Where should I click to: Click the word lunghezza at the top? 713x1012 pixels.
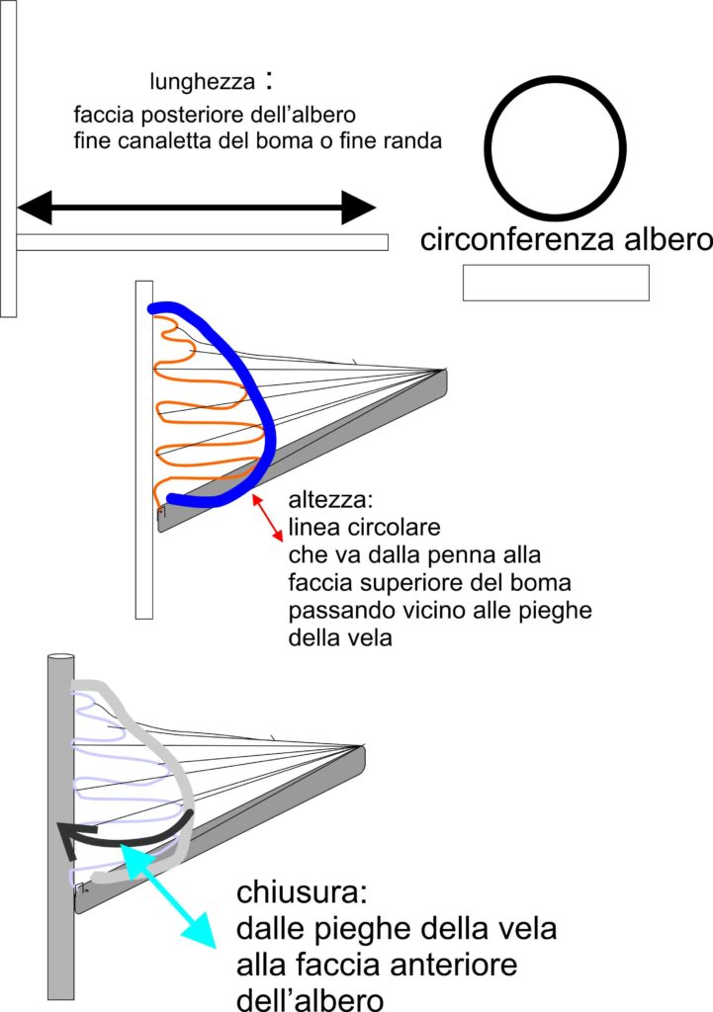pyautogui.click(x=202, y=82)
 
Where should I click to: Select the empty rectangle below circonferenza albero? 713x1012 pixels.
pyautogui.click(x=556, y=283)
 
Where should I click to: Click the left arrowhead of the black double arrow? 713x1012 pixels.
pyautogui.click(x=35, y=208)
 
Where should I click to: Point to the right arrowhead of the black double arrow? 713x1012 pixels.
pyautogui.click(x=359, y=208)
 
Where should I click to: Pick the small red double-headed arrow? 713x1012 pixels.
pyautogui.click(x=267, y=518)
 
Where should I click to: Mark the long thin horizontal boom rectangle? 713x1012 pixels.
pyautogui.click(x=202, y=242)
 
